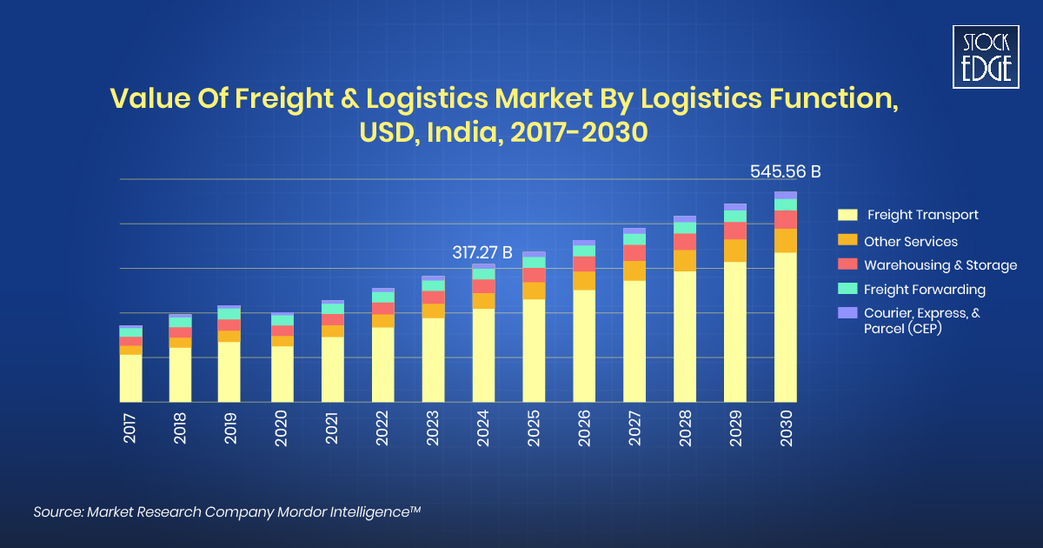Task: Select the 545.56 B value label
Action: coord(786,172)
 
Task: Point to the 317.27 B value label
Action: coord(482,253)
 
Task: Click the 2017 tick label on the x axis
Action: coord(130,429)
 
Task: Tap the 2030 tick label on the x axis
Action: coord(786,429)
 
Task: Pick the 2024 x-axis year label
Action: coord(483,429)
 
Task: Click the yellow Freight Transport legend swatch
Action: coord(847,215)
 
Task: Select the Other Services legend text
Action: coord(910,241)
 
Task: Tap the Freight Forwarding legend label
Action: coord(924,289)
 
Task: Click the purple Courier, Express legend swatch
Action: coord(847,312)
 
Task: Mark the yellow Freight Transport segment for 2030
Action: coord(786,326)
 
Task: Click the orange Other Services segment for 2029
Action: coord(735,251)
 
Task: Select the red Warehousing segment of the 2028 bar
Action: coord(685,242)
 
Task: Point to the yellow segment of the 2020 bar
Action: coord(282,374)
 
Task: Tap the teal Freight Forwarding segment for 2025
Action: coord(534,262)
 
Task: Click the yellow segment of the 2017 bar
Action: coord(130,378)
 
